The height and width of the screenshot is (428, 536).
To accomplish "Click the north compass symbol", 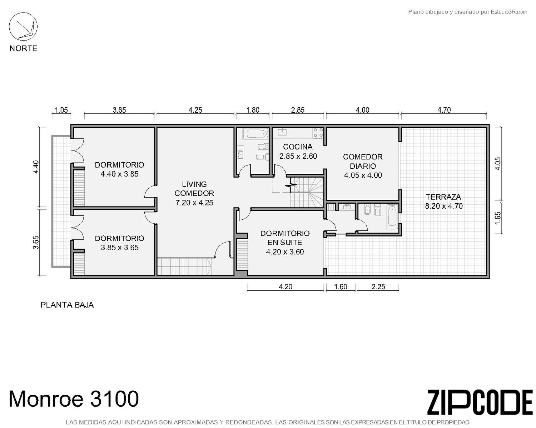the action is (23, 27).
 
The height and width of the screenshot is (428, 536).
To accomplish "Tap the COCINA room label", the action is (298, 147).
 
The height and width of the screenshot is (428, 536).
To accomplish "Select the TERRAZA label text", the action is (443, 197).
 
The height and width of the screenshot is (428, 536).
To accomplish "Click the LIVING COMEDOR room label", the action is (194, 189).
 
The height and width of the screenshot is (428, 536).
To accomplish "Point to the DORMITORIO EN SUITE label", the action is (285, 238).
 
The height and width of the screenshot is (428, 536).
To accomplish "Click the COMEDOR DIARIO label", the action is (363, 162).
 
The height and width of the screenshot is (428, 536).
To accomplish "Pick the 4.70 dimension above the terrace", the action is (444, 110).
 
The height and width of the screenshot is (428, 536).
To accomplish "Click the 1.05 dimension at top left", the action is (61, 110).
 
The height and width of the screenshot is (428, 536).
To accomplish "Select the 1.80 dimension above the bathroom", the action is (253, 110).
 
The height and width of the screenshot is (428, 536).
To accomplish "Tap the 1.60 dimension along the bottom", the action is (341, 287).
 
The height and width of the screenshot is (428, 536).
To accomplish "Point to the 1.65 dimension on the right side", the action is (498, 218).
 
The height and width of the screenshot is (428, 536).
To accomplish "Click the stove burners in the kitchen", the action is (318, 133).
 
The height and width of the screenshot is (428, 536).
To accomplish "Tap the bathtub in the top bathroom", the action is (255, 134).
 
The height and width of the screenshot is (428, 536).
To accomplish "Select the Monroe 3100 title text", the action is (74, 399).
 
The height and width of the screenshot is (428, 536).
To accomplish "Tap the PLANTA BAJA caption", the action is (67, 305).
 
